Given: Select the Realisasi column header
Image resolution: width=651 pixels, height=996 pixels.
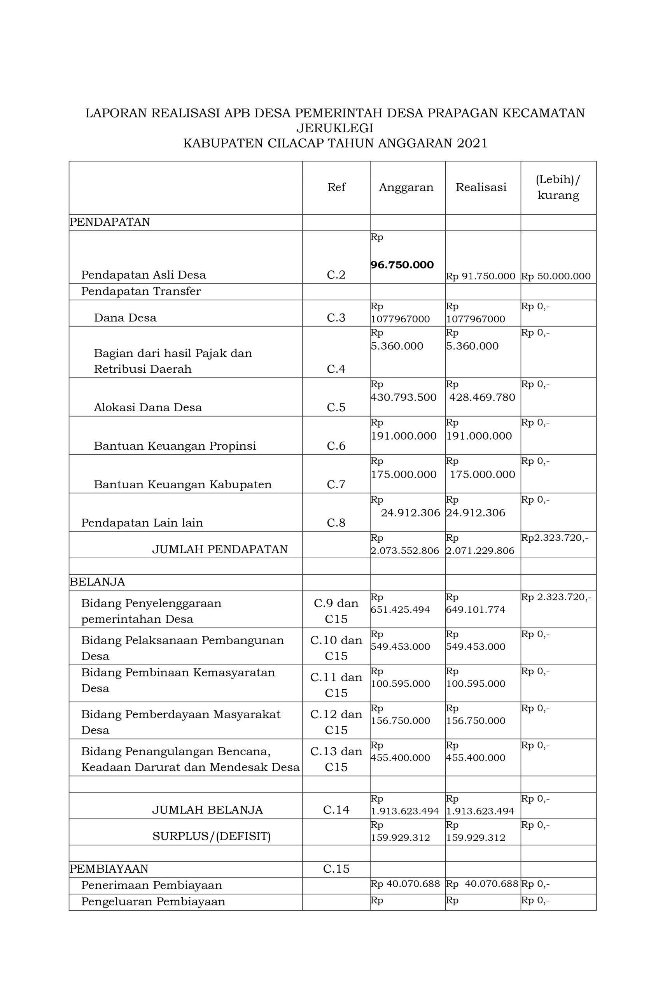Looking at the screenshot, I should point(481,187).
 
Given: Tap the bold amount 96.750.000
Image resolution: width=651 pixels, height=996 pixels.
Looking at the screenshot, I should point(402,265).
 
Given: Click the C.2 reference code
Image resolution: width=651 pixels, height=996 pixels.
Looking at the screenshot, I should point(336,275).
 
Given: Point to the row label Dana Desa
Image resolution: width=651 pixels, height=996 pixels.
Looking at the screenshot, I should point(125,317).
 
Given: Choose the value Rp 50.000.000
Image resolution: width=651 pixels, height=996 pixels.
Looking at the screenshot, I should point(556,276).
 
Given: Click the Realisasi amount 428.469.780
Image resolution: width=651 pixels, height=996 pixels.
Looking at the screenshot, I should point(482,397).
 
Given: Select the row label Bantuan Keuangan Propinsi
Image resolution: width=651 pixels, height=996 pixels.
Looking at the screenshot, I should point(175,446).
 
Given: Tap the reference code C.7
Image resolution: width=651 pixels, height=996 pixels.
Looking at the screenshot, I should point(336,484).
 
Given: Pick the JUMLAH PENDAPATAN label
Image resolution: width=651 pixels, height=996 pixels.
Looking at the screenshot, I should point(220,549).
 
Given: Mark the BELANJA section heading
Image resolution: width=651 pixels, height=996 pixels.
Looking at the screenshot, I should point(97,582).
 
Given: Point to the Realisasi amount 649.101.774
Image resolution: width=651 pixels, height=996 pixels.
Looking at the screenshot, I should point(475,609).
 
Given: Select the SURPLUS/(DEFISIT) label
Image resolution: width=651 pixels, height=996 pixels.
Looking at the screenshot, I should point(211,836).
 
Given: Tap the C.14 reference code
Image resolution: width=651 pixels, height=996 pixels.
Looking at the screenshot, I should point(336,810).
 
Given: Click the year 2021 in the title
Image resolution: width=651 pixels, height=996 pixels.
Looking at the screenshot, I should point(472,144).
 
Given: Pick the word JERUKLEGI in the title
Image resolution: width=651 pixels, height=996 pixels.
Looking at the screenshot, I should point(335,128).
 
